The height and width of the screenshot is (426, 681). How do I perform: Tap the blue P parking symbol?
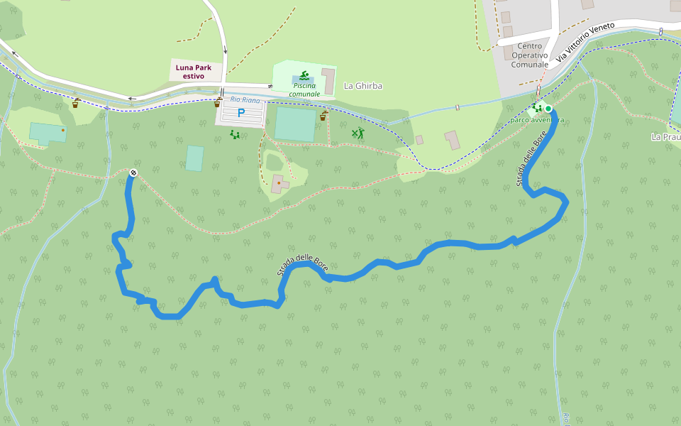tap(240, 112)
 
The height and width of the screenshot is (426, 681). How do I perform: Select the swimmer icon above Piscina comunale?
tap(304, 75)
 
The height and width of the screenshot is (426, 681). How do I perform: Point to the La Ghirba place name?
tap(362, 86)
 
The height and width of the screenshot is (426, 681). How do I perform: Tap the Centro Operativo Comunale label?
tap(529, 55)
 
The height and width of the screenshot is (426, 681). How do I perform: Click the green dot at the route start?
tap(548, 109)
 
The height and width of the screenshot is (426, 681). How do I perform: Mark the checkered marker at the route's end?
tap(133, 173)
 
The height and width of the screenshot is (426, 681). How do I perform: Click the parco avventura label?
tap(537, 120)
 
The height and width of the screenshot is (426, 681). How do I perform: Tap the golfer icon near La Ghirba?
tap(358, 133)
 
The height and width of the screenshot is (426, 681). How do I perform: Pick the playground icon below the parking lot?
tap(235, 133)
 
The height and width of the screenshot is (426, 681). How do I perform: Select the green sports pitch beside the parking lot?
tap(295, 124)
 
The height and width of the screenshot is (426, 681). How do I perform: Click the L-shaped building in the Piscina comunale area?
tap(328, 80)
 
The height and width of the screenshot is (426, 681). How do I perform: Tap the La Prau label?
tap(667, 136)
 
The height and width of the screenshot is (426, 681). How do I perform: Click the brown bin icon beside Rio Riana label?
tap(217, 104)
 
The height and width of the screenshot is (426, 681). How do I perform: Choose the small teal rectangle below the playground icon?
tap(194, 158)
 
